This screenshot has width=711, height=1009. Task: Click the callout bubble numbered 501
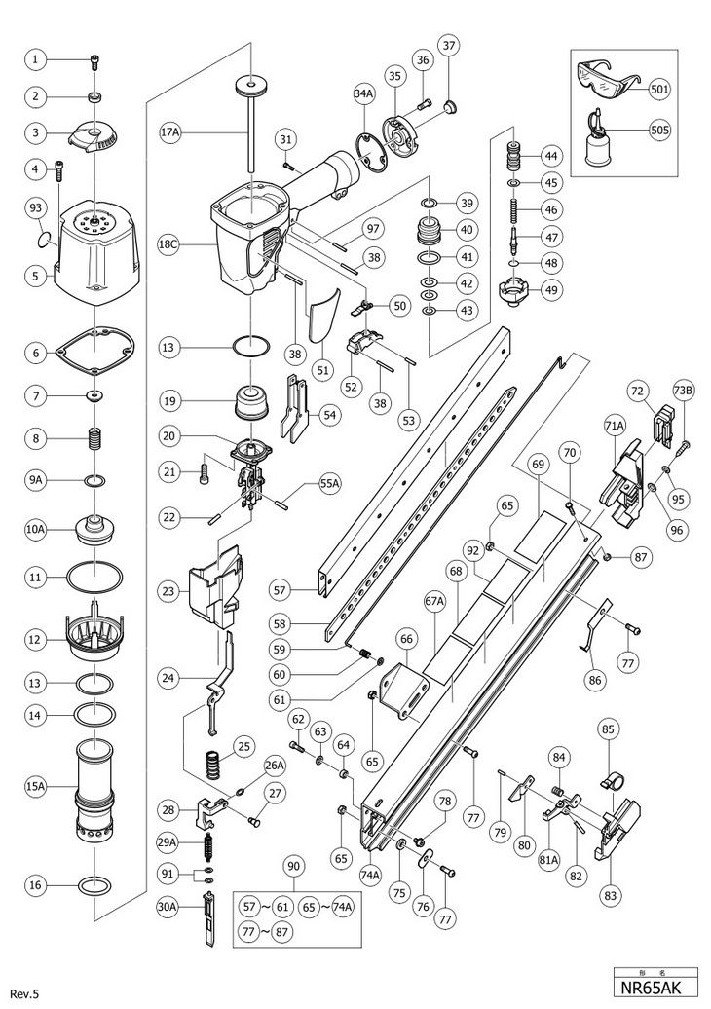tap(661, 89)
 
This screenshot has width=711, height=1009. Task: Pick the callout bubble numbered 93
tap(36, 208)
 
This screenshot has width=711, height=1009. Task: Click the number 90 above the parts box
tap(294, 865)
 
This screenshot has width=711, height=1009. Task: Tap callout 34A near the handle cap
tap(363, 94)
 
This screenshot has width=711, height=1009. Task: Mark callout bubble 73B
tap(682, 391)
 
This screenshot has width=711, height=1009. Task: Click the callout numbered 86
tap(592, 678)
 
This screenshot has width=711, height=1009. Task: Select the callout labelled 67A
tap(433, 603)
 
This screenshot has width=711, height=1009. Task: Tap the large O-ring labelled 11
tap(95, 578)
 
